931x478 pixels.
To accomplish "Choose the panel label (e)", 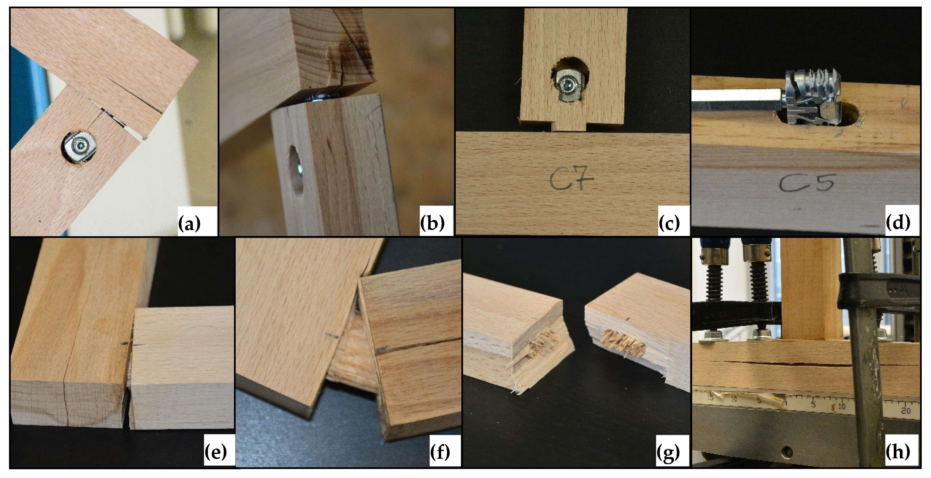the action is point(215,452).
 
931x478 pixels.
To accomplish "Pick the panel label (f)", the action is point(440,452).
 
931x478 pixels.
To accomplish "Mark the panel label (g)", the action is point(668,452).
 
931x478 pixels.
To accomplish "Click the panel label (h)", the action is point(898,452).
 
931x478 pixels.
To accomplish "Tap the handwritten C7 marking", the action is point(572,180).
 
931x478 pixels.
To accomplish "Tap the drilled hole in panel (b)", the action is point(296,171).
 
